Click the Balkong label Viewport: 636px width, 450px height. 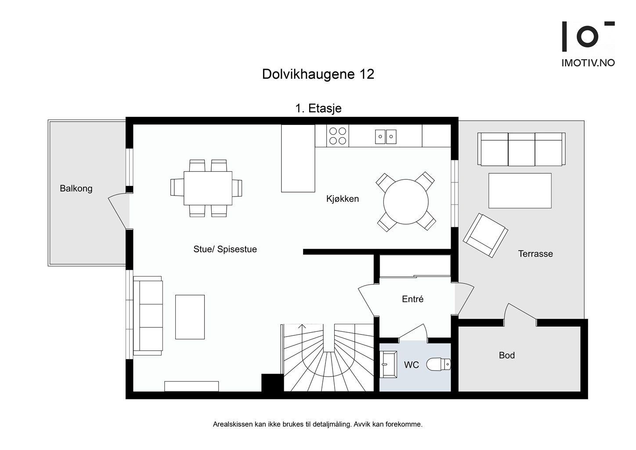(76, 189)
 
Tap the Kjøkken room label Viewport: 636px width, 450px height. (342, 199)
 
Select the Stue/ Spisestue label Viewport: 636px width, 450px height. (225, 249)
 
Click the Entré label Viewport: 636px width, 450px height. (412, 299)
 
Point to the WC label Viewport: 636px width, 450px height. (411, 365)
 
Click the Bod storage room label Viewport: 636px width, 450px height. (506, 355)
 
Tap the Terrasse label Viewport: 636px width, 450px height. (535, 254)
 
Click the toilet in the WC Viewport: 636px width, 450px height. (439, 364)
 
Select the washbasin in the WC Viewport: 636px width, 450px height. (388, 364)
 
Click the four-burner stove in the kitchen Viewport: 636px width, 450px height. (337, 135)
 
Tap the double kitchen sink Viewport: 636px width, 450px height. (385, 136)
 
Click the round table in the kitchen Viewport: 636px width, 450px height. (405, 202)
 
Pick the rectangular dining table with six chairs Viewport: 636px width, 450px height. (208, 188)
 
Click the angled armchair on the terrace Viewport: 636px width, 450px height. (485, 235)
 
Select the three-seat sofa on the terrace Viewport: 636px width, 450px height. (521, 149)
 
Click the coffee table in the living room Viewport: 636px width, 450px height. (190, 317)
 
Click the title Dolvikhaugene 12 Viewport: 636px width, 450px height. (318, 74)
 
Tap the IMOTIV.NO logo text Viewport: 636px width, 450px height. (588, 63)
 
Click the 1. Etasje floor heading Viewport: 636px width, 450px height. (318, 108)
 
